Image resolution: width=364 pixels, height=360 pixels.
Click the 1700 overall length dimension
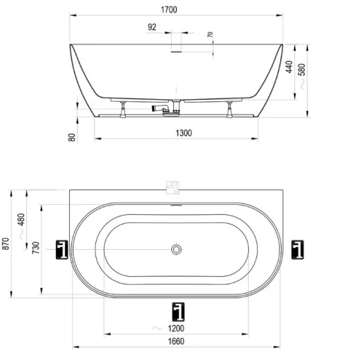pyautogui.click(x=169, y=9)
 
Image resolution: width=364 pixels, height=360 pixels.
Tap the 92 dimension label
pyautogui.click(x=152, y=27)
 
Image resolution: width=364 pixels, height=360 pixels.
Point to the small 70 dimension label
pyautogui.click(x=210, y=34)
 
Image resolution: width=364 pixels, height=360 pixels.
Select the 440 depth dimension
pyautogui.click(x=289, y=67)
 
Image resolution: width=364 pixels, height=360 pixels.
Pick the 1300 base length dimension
pyautogui.click(x=183, y=133)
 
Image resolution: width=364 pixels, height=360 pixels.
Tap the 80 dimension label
pyautogui.click(x=72, y=138)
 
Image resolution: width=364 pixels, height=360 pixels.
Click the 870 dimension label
pyautogui.click(x=6, y=243)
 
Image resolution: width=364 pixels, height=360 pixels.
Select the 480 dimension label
pyautogui.click(x=21, y=219)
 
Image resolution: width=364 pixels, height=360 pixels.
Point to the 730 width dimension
pyautogui.click(x=36, y=248)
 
